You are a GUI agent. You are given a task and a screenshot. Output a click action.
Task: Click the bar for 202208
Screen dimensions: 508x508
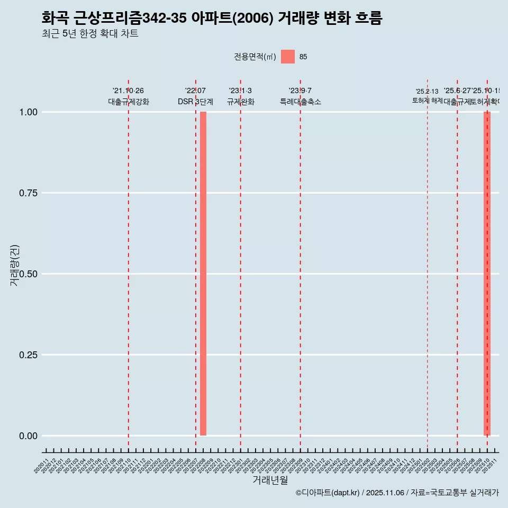click(203, 274)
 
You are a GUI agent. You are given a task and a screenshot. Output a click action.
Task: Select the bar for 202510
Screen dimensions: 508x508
click(487, 274)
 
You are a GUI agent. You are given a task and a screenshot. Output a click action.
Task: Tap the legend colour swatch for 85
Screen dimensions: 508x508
click(288, 57)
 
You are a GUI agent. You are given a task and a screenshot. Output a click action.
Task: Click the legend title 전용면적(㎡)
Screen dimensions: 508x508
click(255, 57)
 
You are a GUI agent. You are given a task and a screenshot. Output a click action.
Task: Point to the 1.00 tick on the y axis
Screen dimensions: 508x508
click(28, 112)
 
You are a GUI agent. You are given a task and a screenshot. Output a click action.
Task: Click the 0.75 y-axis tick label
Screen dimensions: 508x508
click(28, 193)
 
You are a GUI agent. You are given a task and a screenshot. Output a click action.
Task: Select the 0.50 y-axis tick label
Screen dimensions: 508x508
click(28, 274)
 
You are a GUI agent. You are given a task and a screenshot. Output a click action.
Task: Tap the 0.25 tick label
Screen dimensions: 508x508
click(28, 355)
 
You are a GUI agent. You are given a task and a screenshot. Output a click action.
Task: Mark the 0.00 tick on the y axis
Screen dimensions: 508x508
click(28, 436)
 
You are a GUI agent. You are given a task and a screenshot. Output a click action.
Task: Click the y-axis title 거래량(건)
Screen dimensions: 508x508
click(15, 265)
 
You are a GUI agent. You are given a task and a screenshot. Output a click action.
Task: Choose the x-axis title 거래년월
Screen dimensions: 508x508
click(270, 480)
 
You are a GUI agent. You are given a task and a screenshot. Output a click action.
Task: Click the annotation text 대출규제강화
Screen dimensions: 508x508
click(129, 102)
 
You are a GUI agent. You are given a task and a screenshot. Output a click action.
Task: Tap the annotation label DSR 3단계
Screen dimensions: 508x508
click(195, 102)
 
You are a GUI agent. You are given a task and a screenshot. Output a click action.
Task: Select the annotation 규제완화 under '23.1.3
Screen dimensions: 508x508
click(241, 102)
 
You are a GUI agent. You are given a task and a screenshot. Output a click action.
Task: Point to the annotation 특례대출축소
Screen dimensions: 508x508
click(301, 102)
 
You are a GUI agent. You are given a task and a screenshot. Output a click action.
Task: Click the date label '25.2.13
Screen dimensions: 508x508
click(427, 92)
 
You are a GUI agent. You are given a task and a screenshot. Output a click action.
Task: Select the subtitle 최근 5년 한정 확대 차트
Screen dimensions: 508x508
click(89, 34)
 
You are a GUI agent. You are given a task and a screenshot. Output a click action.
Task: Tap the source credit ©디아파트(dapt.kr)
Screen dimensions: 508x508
click(327, 493)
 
